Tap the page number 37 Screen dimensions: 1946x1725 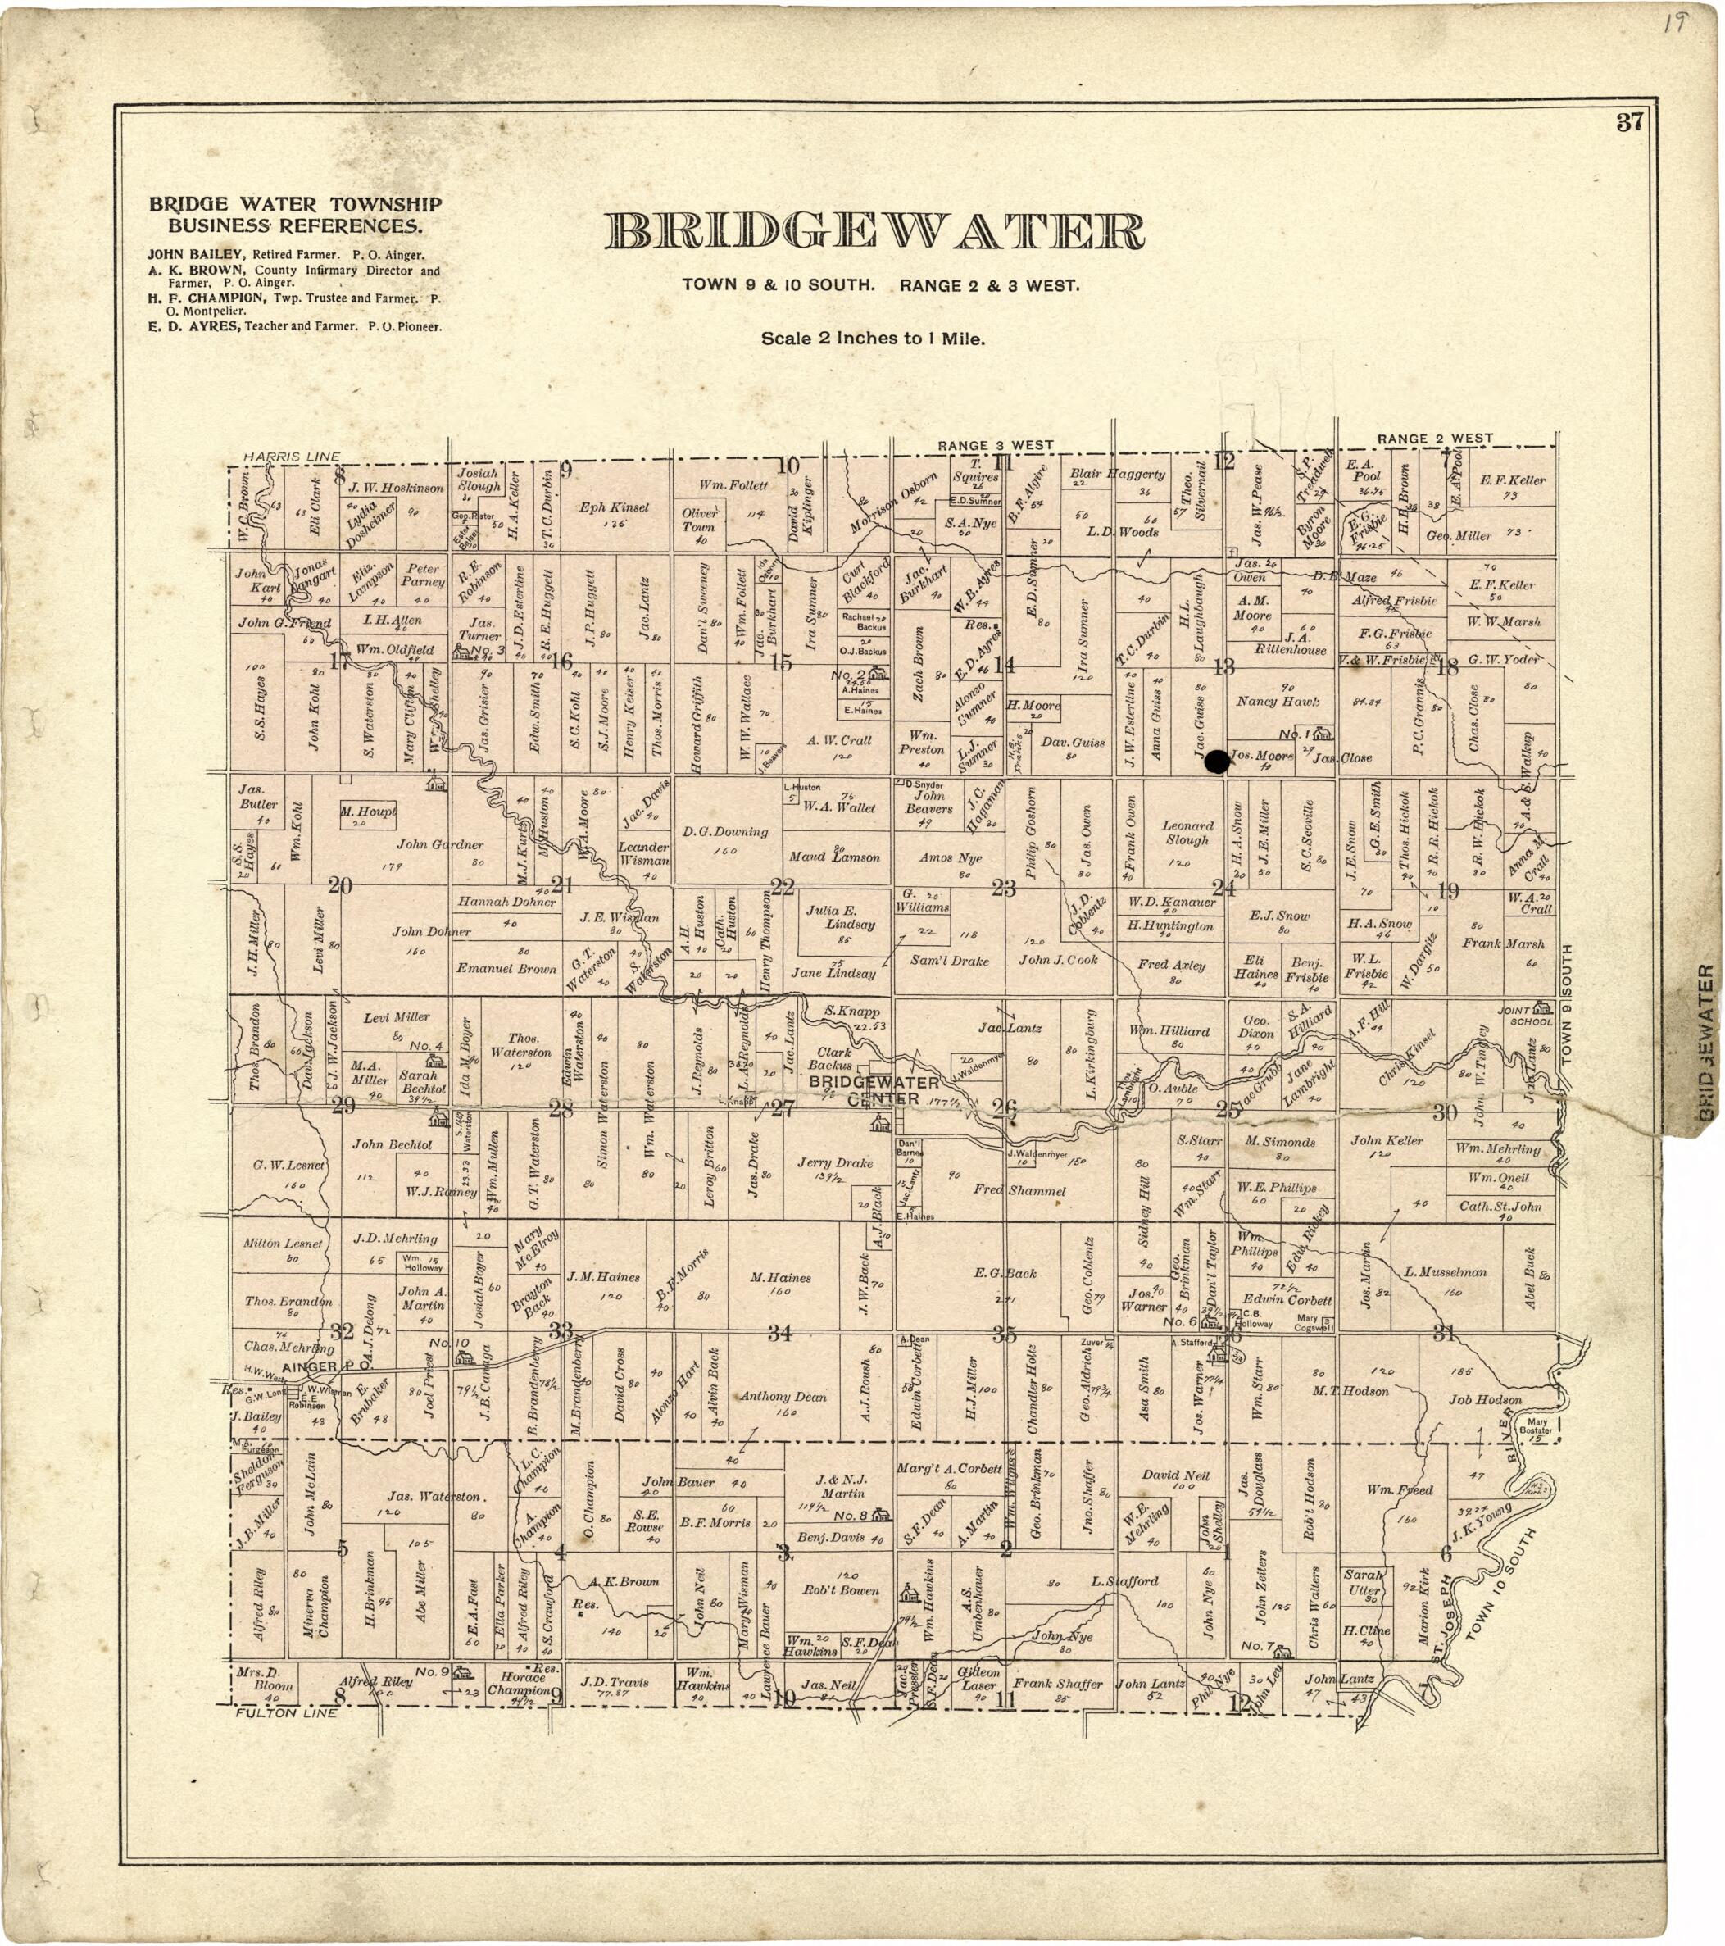pos(1629,122)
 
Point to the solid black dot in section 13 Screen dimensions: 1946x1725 pos(1214,762)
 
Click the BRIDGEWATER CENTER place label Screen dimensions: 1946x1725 pos(873,1091)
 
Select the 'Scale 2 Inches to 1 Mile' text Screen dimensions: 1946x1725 pos(872,338)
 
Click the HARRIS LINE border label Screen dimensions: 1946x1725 pos(291,457)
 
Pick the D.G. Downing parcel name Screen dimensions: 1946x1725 pos(724,831)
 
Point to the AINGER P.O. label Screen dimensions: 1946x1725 pos(318,1367)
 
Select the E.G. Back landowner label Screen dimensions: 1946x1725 pos(1005,1273)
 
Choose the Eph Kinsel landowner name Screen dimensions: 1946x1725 pos(614,507)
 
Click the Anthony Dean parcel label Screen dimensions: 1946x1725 pos(783,1397)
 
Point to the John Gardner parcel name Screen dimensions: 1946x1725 pos(440,843)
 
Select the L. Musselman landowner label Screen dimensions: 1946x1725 pos(1445,1272)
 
